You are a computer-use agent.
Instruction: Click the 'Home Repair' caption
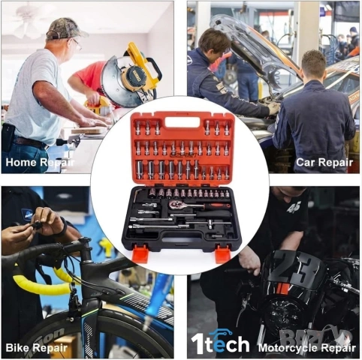(x=38, y=160)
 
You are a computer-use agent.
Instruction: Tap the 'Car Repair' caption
(x=324, y=160)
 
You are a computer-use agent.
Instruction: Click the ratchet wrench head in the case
(x=178, y=204)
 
